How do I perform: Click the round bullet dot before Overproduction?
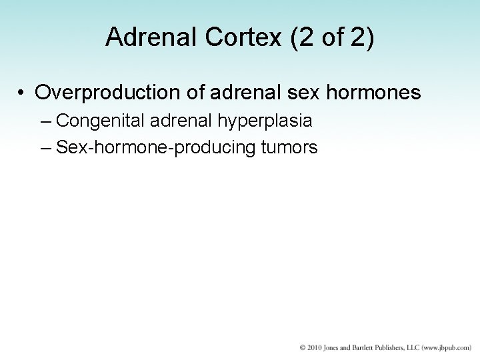(22, 93)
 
